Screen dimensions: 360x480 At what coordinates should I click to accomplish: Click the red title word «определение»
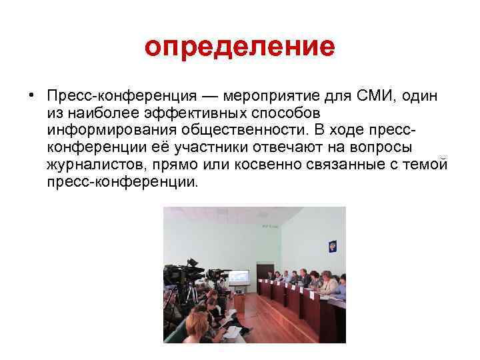click(x=239, y=47)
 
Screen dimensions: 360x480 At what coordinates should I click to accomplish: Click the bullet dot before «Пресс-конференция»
click(x=31, y=95)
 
